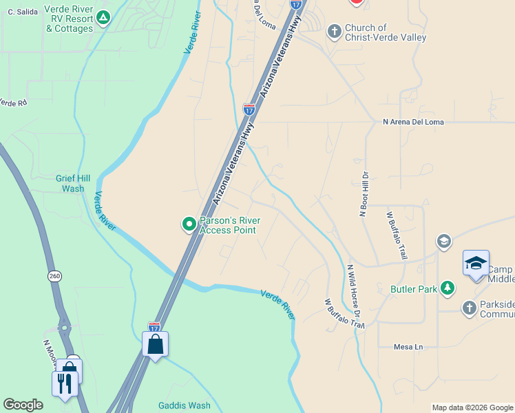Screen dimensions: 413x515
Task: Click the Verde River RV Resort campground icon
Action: coord(103,17)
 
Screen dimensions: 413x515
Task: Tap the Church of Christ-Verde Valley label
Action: coord(386,32)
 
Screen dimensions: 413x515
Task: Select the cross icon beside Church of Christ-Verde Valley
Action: coord(335,32)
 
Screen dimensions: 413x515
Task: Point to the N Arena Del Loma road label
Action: coord(413,123)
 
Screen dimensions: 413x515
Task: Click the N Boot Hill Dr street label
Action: coord(363,194)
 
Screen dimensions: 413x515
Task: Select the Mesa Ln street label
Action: coord(408,347)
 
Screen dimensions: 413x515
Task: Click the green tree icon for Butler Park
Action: coord(448,288)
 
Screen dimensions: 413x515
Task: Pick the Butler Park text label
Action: coord(413,290)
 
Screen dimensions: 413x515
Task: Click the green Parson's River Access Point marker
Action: coord(189,224)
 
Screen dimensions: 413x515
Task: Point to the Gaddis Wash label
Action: coord(184,405)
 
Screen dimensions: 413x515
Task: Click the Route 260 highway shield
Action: coord(54,276)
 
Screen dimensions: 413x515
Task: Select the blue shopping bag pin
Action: coord(155,343)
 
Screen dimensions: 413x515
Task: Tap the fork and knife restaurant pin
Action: coord(65,382)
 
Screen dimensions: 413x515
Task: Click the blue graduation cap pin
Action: coord(476,264)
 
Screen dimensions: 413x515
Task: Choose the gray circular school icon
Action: coord(443,241)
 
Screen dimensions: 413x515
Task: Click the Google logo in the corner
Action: coord(23,405)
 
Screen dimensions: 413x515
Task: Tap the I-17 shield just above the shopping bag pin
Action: coord(154,327)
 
